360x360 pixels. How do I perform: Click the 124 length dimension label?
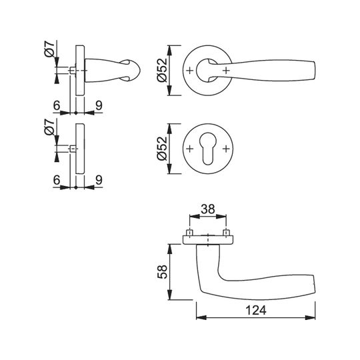[x=256, y=311]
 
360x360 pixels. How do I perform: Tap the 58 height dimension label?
[x=162, y=272]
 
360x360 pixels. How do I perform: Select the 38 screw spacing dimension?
[x=208, y=209]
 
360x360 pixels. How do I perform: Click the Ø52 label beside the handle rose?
[x=163, y=70]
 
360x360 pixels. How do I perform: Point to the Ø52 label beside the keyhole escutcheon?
[x=163, y=148]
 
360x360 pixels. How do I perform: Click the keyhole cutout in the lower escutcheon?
[x=208, y=149]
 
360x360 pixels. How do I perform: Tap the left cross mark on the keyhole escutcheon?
[x=189, y=149]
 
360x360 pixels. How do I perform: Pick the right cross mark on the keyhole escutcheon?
[x=226, y=149]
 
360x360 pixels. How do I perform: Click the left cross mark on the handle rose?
[x=189, y=70]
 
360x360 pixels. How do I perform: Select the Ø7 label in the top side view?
[x=49, y=49]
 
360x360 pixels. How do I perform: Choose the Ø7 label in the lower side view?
[x=49, y=127]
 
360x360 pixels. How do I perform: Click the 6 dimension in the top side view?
[x=57, y=105]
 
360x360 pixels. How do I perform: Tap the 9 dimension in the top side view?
[x=99, y=105]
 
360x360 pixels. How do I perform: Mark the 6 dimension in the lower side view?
[x=57, y=180]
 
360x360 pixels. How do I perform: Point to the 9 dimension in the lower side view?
[x=99, y=180]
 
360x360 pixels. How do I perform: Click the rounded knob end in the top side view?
[x=133, y=70]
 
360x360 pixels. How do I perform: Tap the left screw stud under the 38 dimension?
[x=189, y=233]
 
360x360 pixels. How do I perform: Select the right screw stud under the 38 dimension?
[x=226, y=233]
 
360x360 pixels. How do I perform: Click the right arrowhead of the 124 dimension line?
[x=310, y=317]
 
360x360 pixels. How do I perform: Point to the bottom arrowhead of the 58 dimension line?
[x=169, y=295]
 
